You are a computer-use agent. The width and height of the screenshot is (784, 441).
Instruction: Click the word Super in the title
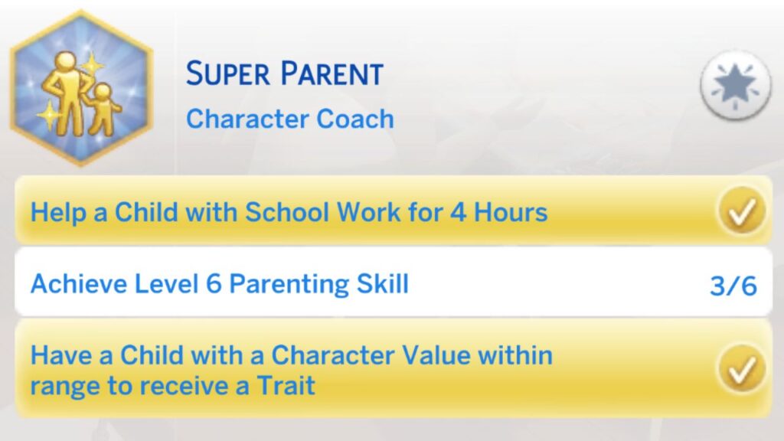pyautogui.click(x=226, y=74)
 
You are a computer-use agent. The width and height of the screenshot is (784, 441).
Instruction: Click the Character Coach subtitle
pyautogui.click(x=290, y=119)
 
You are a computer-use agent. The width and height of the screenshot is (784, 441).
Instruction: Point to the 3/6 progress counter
pyautogui.click(x=733, y=286)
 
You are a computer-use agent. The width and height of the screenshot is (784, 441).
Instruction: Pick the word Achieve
pyautogui.click(x=72, y=284)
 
